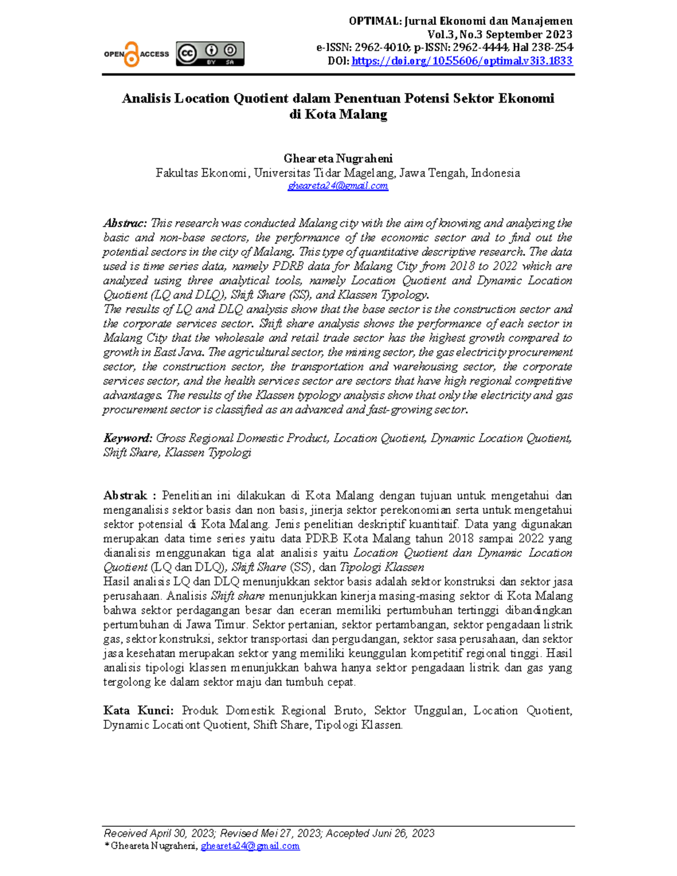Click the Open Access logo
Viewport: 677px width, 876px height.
[136, 54]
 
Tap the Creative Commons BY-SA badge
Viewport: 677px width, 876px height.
[210, 54]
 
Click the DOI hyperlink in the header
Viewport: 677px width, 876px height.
[461, 61]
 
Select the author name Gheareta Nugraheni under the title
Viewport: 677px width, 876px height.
[338, 159]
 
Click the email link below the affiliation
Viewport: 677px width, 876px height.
[338, 186]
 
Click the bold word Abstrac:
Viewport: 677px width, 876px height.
[125, 223]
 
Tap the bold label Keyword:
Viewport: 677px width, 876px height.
[128, 438]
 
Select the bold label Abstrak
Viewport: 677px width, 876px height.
[125, 496]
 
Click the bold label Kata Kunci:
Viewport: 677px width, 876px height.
[138, 711]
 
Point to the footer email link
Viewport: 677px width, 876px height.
[250, 846]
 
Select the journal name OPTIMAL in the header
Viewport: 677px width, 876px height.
[374, 21]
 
